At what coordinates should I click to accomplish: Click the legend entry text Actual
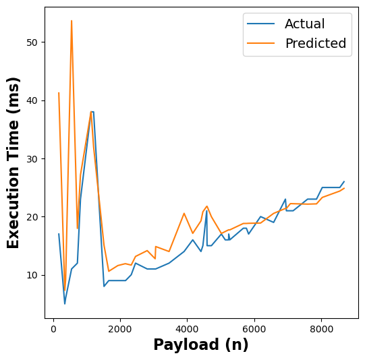pyautogui.click(x=304, y=24)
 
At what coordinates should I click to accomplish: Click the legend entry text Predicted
pyautogui.click(x=315, y=44)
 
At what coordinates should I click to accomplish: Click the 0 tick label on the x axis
pyautogui.click(x=53, y=329)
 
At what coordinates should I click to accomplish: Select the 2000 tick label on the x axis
pyautogui.click(x=120, y=329)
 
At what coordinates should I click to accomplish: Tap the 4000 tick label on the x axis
pyautogui.click(x=187, y=329)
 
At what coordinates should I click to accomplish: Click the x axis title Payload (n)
pyautogui.click(x=201, y=345)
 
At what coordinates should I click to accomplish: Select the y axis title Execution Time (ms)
pyautogui.click(x=13, y=162)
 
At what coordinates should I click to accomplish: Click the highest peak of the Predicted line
pyautogui.click(x=72, y=21)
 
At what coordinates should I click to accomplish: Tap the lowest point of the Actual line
pyautogui.click(x=65, y=303)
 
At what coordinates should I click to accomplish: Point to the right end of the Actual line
pyautogui.click(x=343, y=181)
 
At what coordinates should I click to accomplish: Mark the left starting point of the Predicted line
pyautogui.click(x=59, y=93)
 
